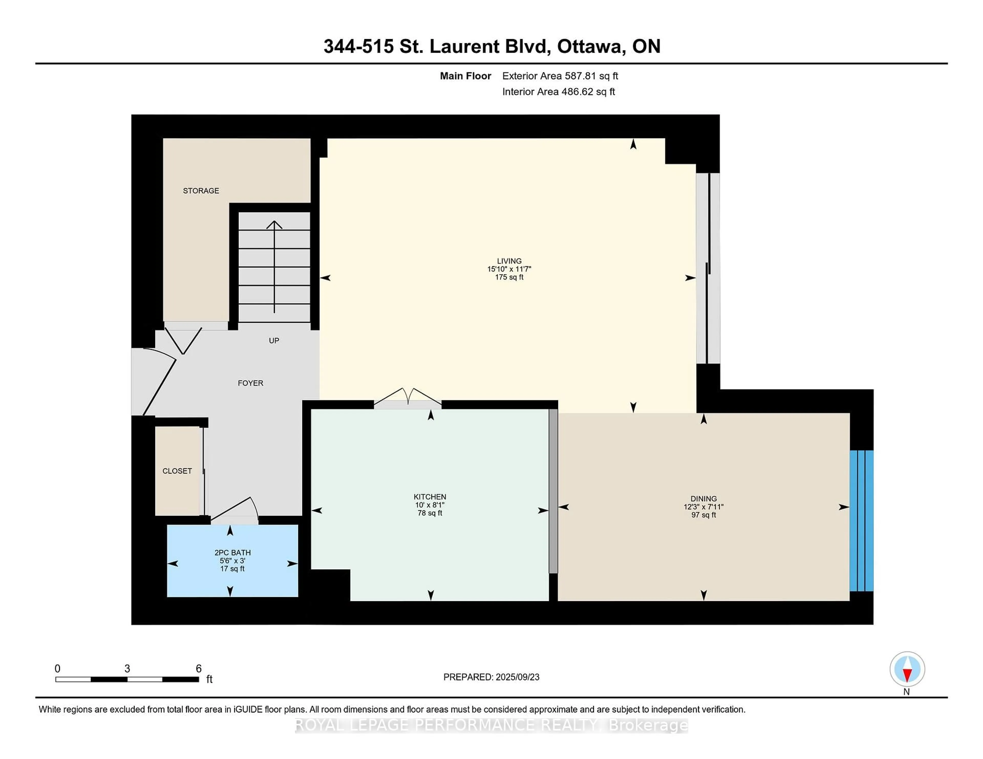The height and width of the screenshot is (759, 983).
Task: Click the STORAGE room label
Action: [201, 191]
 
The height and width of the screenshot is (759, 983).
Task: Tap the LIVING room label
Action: [509, 261]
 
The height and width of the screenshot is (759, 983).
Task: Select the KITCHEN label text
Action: [430, 497]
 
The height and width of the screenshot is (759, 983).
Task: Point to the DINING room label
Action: [703, 499]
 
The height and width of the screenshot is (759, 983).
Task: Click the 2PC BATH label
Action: [232, 553]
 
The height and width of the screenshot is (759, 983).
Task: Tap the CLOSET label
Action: [177, 471]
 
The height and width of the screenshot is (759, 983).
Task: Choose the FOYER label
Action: [250, 383]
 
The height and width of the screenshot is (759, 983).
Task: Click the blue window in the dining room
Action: [861, 521]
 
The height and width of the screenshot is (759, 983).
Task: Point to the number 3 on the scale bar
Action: [127, 669]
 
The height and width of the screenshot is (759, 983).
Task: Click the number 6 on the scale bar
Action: [198, 669]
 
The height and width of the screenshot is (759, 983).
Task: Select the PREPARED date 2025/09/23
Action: [517, 677]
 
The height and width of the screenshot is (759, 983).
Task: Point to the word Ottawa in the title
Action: [591, 46]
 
